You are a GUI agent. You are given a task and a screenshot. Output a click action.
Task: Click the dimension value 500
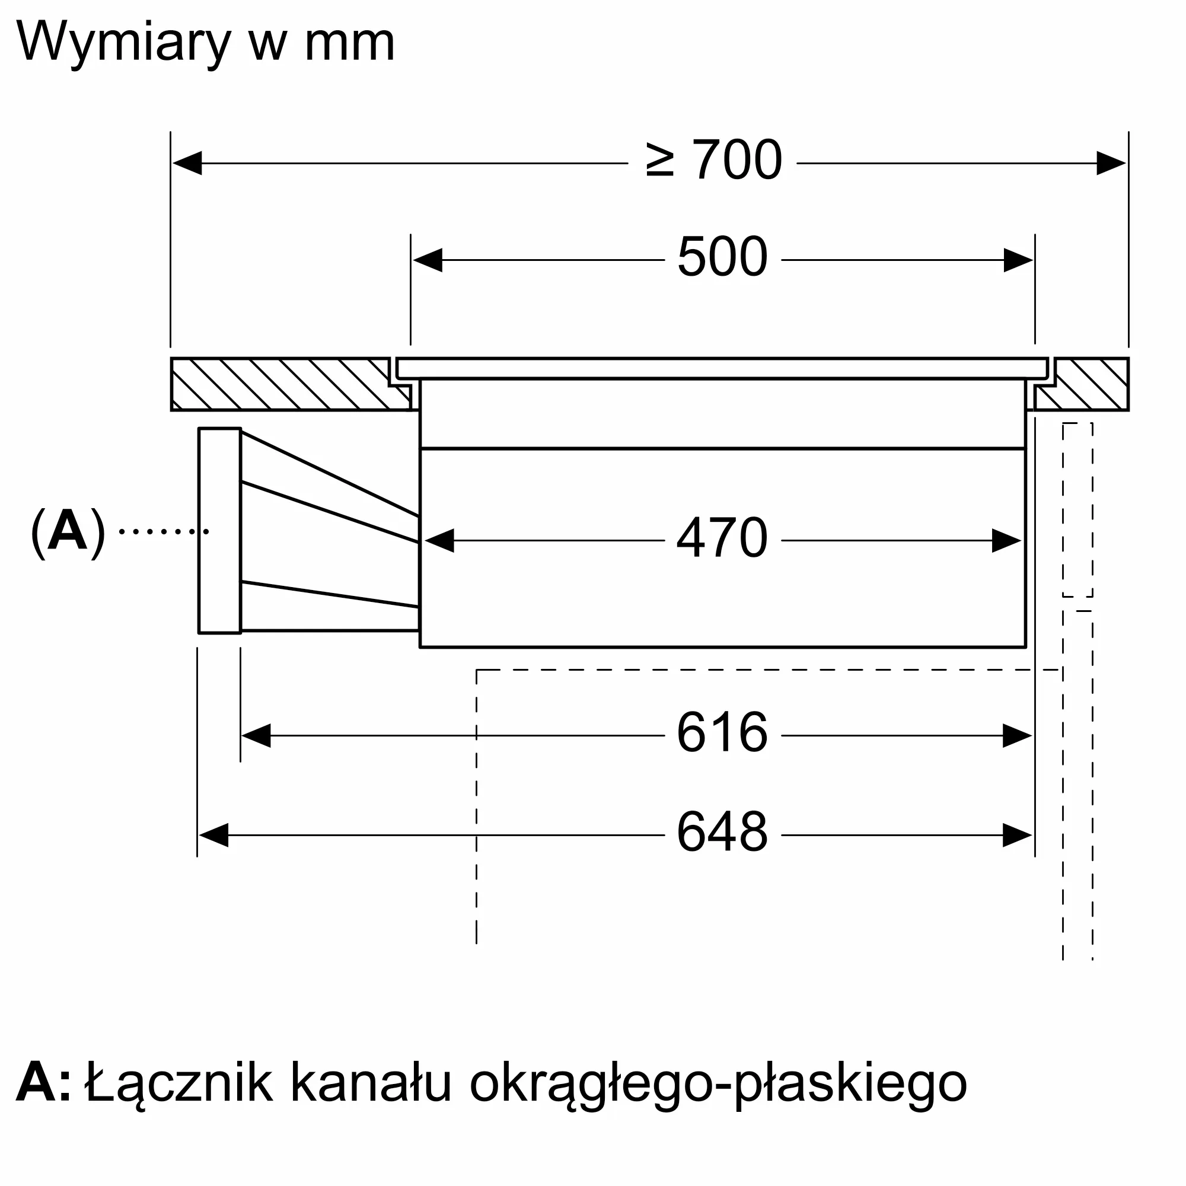pos(722,257)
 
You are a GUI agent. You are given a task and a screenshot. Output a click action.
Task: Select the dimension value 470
pos(722,538)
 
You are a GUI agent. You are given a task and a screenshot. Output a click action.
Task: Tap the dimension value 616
pos(722,732)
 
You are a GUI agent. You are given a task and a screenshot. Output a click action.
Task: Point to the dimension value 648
pos(722,832)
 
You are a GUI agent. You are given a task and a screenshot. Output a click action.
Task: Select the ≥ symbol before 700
pos(660,160)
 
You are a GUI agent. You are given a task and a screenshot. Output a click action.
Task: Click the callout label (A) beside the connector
pos(68,531)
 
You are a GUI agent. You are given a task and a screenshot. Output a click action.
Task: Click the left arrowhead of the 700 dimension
pos(187,163)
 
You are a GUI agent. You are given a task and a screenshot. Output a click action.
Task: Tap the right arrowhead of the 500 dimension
pos(1018,260)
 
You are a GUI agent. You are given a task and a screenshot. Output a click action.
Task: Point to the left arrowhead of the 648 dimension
pos(213,836)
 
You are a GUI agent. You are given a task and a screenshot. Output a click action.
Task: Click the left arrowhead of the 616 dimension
pos(257,735)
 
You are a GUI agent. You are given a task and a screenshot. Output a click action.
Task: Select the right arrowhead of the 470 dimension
pos(1007,541)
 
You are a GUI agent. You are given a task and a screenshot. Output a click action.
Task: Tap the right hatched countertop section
pos(1082,384)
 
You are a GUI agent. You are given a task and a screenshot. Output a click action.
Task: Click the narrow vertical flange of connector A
pos(220,530)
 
